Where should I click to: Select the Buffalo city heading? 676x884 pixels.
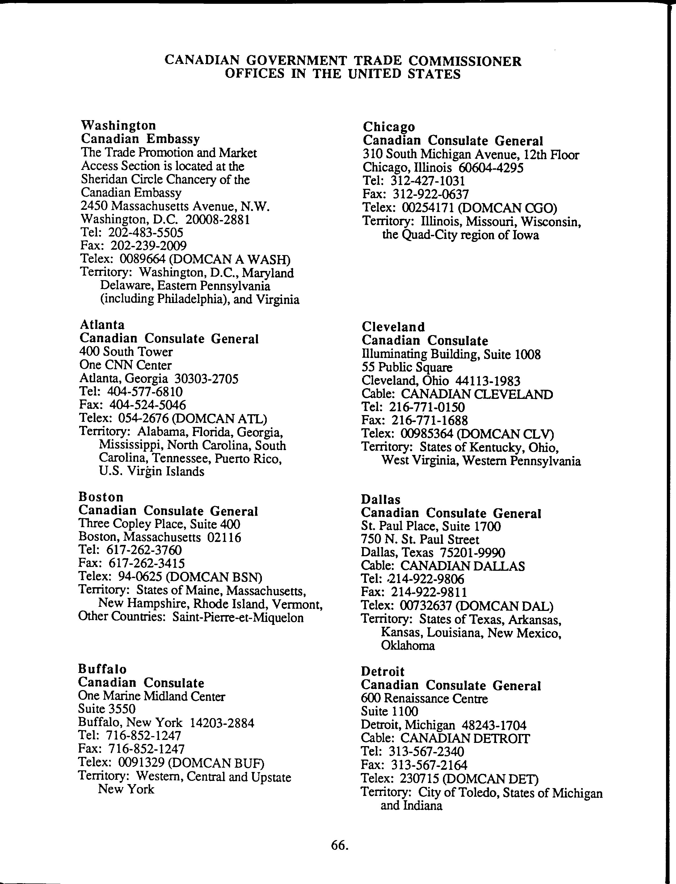102,669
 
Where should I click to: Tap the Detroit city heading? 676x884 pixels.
383,671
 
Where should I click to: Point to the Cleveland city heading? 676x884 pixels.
393,326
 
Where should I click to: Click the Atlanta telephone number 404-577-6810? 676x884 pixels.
145,391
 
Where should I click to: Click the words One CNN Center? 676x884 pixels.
126,365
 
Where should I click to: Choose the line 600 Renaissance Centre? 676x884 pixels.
424,699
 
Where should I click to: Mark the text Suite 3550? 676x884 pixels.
107,709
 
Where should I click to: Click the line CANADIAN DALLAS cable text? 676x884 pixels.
463,566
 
